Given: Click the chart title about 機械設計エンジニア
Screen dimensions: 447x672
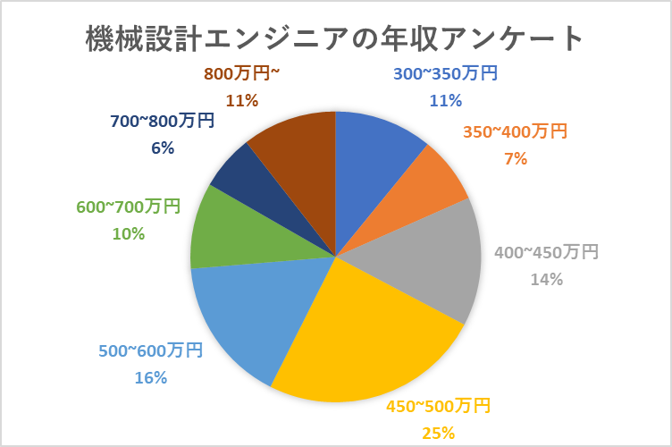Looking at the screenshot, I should pyautogui.click(x=335, y=38).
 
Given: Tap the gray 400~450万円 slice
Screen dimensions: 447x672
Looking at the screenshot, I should pyautogui.click(x=429, y=259).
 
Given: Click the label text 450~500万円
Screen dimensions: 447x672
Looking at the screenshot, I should pyautogui.click(x=438, y=407).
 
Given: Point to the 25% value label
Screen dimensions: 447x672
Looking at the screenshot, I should pyautogui.click(x=438, y=434).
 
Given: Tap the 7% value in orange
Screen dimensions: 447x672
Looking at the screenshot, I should pyautogui.click(x=516, y=159).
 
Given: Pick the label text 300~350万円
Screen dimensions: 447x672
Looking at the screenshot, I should pyautogui.click(x=445, y=73).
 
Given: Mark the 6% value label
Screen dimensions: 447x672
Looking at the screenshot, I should pyautogui.click(x=162, y=148).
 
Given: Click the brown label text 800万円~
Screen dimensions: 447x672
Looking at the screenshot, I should pyautogui.click(x=241, y=73).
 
